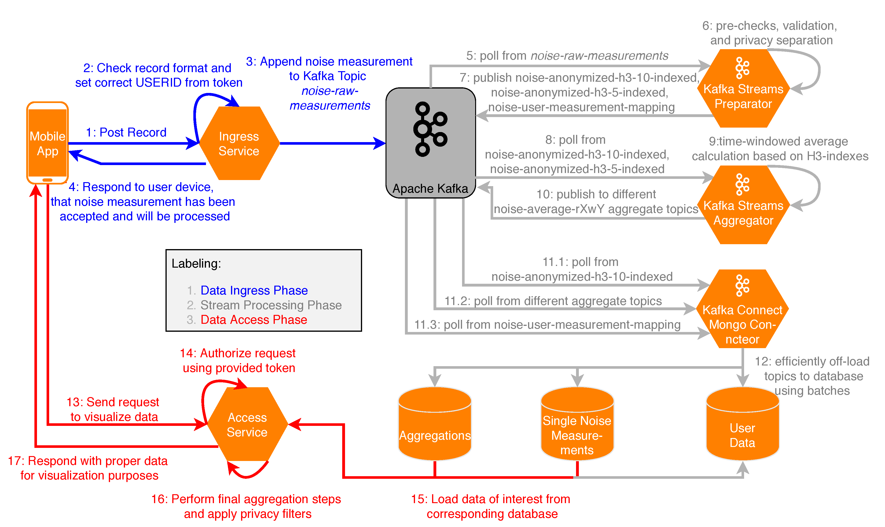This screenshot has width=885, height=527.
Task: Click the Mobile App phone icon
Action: [47, 143]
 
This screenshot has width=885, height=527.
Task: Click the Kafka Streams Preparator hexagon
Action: [743, 89]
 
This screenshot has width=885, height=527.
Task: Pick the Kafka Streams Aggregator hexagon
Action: [743, 205]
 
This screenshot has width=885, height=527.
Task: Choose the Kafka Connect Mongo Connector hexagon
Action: [742, 309]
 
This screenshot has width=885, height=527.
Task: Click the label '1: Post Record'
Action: [126, 133]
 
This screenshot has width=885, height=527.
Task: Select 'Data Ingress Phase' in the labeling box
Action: [254, 291]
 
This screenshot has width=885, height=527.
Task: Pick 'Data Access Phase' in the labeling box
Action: [253, 320]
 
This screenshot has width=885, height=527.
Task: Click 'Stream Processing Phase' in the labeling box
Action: [271, 305]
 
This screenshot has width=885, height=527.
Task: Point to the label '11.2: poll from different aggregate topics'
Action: [553, 301]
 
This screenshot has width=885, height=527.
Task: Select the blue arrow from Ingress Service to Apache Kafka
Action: [332, 144]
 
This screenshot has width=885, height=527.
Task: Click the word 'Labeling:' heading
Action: [196, 264]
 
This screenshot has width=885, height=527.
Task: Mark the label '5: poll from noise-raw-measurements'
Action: [567, 56]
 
